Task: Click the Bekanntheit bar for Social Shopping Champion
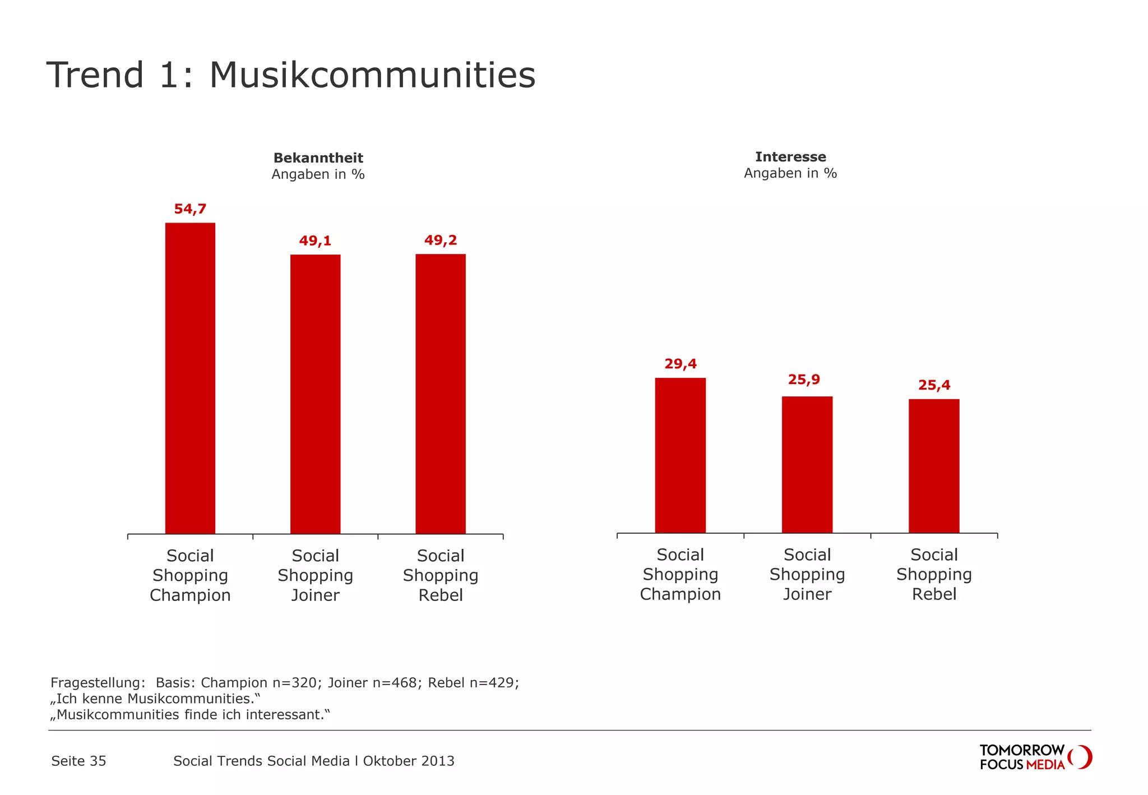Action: coord(190,378)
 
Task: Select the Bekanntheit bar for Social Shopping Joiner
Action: coord(315,394)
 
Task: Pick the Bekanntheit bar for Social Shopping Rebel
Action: coord(441,394)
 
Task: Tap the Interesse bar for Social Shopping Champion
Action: coord(680,455)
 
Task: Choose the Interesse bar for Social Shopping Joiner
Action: coord(807,465)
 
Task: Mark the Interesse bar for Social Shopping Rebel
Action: coord(934,466)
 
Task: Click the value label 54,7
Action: coord(190,209)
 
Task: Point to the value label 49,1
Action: coord(315,241)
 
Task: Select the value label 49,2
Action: coord(441,241)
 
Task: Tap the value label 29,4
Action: coord(681,364)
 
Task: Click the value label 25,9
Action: coord(804,380)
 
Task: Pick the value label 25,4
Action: coord(934,385)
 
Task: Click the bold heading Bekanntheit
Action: coord(318,158)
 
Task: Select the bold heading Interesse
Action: coord(790,157)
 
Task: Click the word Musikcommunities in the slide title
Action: coord(372,75)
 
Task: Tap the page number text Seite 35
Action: coord(78,761)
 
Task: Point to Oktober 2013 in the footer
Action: coord(409,761)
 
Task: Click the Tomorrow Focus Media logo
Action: coord(1035,757)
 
